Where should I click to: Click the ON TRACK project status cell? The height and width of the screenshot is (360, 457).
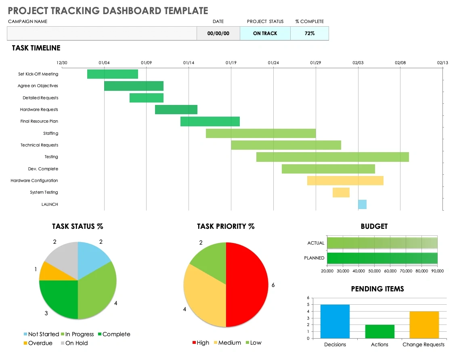pos(265,33)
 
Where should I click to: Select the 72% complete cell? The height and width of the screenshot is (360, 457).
pos(310,33)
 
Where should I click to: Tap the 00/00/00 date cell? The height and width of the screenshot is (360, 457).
pos(218,33)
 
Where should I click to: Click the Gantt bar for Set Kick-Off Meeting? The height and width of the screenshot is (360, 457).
pos(113,74)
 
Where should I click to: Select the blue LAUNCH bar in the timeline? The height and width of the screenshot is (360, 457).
pos(362,204)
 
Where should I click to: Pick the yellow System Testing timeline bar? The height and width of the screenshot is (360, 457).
pos(341,193)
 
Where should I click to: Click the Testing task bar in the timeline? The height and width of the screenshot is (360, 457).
pos(332,157)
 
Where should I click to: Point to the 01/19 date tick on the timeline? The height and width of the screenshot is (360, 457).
pos(231,63)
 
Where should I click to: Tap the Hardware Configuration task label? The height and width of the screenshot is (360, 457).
pos(34,181)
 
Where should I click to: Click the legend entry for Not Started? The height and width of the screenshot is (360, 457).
pos(41,334)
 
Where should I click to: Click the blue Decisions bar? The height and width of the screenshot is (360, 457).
pos(335,321)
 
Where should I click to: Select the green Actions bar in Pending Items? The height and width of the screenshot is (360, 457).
pos(379,331)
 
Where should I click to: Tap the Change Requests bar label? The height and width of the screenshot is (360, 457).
pos(423,345)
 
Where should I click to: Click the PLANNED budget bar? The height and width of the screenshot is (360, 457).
pos(382,258)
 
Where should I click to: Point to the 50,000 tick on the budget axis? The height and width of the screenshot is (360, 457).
pos(374,271)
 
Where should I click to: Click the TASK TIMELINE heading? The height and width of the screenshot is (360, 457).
pos(36,48)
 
